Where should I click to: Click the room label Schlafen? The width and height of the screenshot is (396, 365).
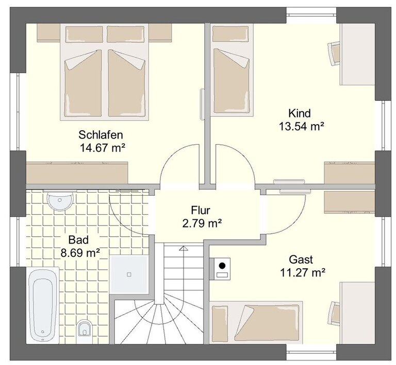point(101,135)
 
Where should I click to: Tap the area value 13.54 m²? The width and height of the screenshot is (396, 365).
point(301,126)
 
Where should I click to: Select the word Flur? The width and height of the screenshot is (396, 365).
point(201,210)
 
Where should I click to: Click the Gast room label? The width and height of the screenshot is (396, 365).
point(301,259)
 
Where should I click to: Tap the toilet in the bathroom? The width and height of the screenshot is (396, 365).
point(84,328)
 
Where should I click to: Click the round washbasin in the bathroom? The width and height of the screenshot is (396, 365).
point(60,201)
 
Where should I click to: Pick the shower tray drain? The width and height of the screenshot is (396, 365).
point(129,274)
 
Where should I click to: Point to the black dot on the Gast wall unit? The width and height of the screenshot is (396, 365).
point(222,266)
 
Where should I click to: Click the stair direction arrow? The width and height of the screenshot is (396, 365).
point(184,249)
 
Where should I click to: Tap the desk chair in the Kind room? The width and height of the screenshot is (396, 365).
point(334,54)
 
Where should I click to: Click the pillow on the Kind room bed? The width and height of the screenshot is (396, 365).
point(229,33)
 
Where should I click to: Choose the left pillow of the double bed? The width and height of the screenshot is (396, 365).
point(84,34)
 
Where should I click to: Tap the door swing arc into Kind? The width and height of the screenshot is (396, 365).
point(242,155)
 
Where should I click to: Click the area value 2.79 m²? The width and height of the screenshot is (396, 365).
point(202,223)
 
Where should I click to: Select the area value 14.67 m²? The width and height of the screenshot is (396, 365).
point(102,148)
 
